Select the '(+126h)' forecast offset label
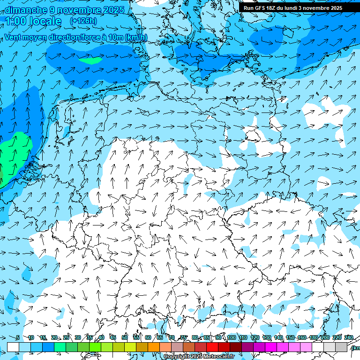[x=83, y=21]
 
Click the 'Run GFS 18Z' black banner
[x=293, y=8]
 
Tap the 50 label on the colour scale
[x=125, y=337]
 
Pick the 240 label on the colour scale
[x=348, y=337]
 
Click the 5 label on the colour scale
[x=17, y=337]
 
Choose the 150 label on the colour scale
[x=290, y=337]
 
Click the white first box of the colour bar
[x=13, y=347]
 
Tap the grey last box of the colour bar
[x=341, y=347]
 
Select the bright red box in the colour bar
[x=212, y=347]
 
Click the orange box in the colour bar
[x=154, y=347]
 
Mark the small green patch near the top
[x=90, y=60]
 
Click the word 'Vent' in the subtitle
[x=13, y=37]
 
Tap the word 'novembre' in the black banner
[x=313, y=8]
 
